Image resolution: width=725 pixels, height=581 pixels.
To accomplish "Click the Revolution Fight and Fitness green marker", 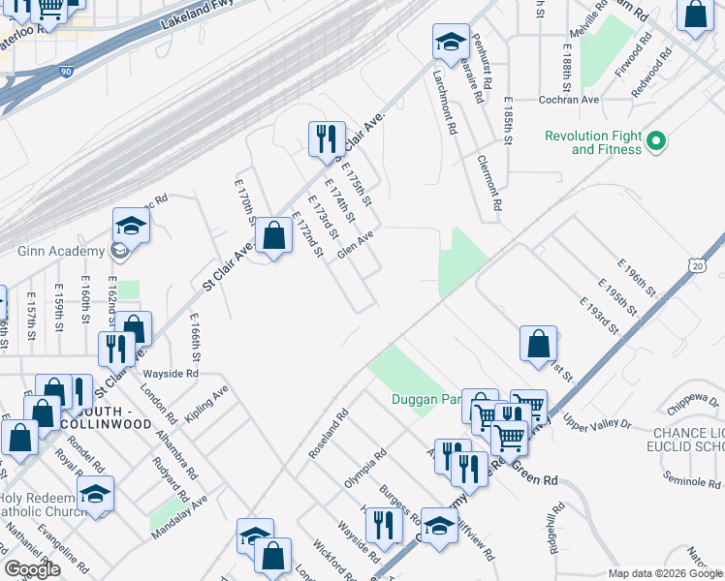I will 656,142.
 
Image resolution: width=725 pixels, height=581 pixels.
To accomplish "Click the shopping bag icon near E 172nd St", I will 275,237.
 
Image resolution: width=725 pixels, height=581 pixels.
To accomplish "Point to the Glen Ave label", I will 355,244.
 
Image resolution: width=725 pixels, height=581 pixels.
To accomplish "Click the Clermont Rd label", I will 489,182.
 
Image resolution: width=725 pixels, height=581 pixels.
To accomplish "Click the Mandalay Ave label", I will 179,517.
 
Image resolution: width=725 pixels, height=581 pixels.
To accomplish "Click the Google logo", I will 32,569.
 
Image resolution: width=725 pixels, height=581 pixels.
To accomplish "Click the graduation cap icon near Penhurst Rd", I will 450,43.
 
